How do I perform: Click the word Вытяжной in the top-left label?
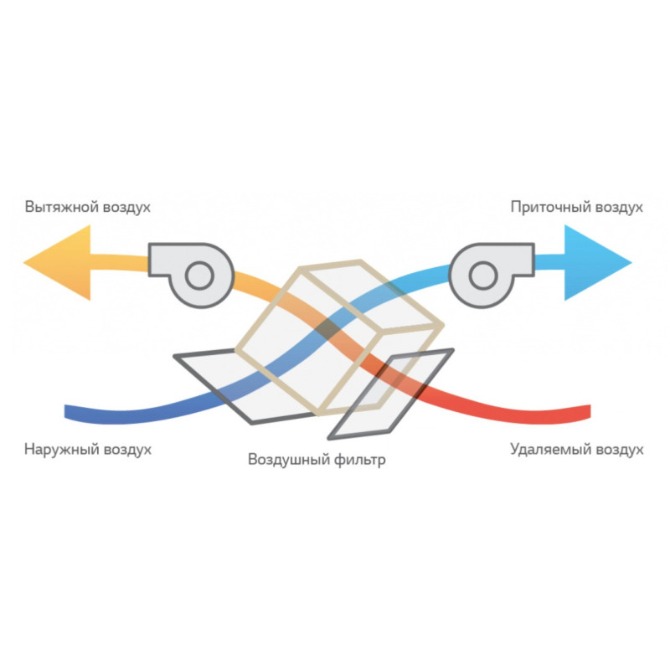[62, 207]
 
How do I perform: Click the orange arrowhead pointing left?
[57, 262]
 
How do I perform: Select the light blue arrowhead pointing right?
[598, 262]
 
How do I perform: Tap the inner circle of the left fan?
[199, 276]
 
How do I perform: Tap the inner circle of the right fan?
[483, 276]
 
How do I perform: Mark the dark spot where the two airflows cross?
[328, 329]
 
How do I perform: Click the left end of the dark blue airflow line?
[65, 411]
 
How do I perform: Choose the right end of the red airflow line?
[590, 411]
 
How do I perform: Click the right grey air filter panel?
[391, 394]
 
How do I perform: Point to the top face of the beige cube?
[371, 295]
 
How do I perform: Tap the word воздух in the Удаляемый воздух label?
[620, 450]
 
